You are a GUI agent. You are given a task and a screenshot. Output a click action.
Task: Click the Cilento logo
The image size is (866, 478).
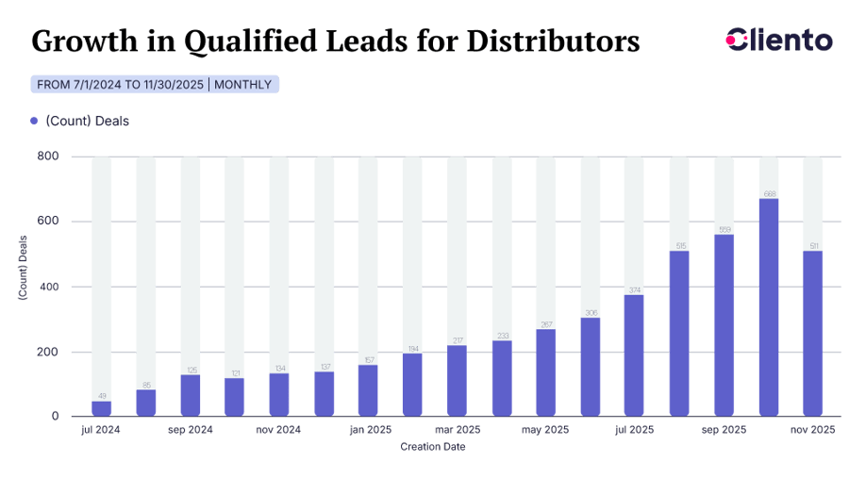click(x=780, y=41)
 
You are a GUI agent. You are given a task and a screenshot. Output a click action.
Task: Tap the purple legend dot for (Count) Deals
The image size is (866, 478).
click(x=35, y=121)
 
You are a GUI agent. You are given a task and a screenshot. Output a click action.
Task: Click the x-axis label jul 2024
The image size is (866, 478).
click(x=101, y=430)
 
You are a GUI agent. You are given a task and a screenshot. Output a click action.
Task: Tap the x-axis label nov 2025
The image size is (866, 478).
click(x=812, y=430)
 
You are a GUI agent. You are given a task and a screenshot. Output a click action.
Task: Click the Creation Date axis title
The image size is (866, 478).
click(x=432, y=446)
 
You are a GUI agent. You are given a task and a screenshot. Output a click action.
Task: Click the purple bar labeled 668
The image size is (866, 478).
click(x=769, y=307)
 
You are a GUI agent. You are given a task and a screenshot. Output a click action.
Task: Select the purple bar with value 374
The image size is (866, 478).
click(x=635, y=355)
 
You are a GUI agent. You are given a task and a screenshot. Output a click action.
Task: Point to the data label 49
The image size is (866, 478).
click(x=102, y=396)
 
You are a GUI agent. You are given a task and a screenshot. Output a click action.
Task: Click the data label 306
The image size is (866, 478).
click(x=591, y=312)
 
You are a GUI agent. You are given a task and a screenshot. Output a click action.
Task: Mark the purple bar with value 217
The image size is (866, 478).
click(x=457, y=381)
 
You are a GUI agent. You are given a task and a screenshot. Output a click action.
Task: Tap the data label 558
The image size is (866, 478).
click(x=724, y=229)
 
